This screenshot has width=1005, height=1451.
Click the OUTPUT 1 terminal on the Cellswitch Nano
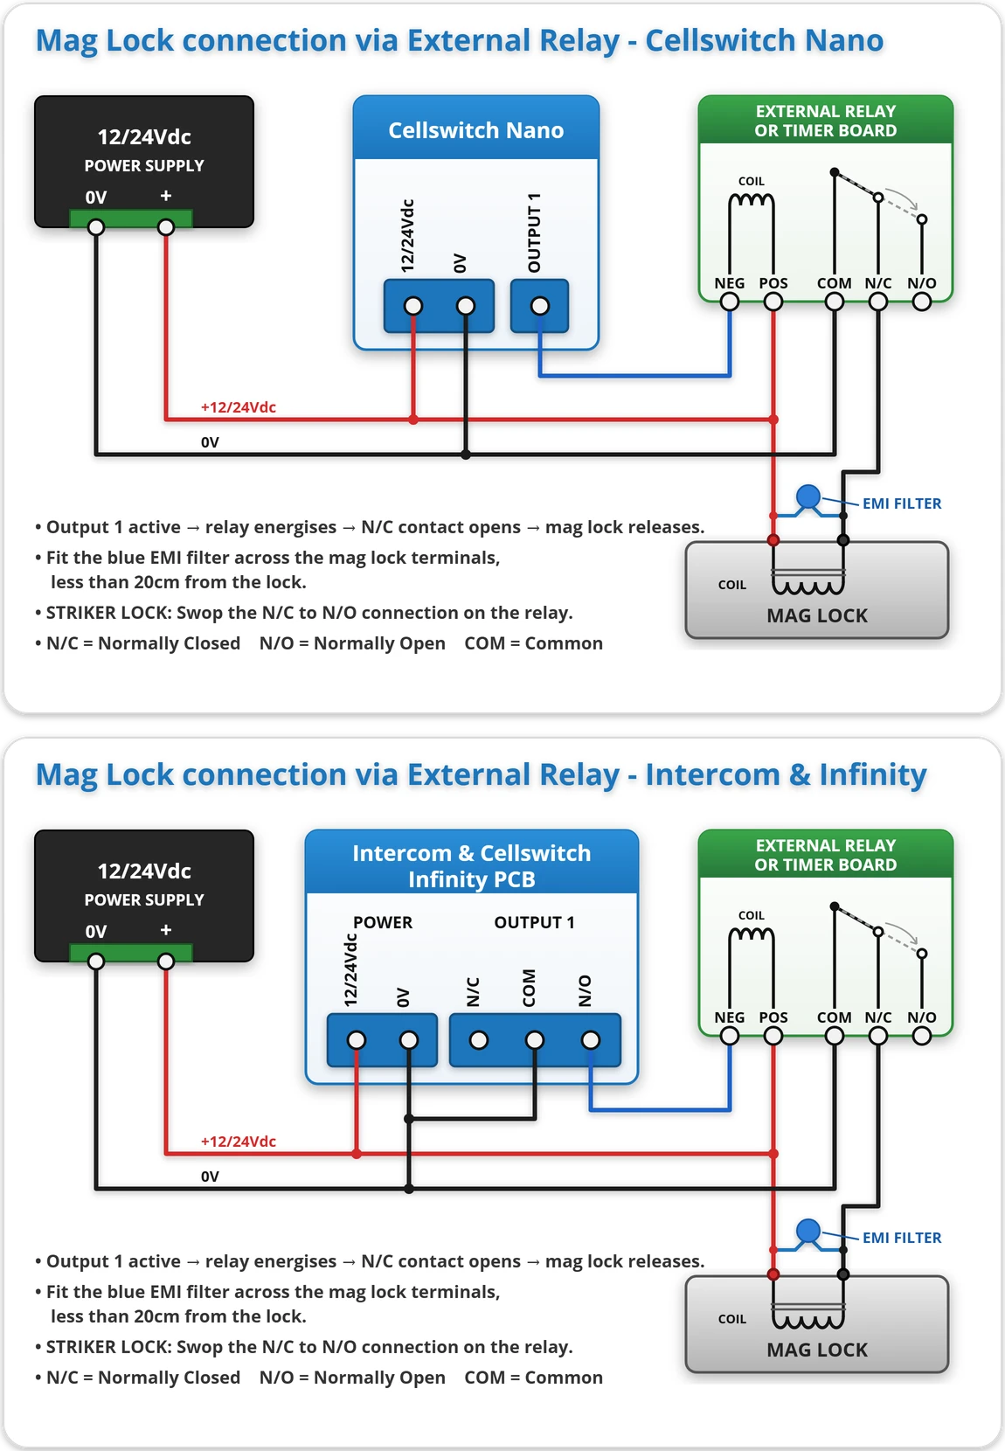pos(539,306)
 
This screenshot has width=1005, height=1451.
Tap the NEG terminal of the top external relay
pos(729,302)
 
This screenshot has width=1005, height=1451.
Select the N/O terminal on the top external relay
pos(921,302)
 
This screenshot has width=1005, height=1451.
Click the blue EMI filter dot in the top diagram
pos(807,496)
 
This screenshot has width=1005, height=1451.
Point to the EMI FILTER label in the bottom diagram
pos(901,1237)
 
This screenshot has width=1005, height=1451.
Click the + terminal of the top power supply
pos(166,227)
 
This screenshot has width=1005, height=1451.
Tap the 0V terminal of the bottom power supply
pos(96,962)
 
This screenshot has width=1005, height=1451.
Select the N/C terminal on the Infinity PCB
pos(479,1040)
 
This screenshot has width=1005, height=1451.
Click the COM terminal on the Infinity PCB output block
pos(534,1040)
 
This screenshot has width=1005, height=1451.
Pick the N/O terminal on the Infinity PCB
pos(590,1040)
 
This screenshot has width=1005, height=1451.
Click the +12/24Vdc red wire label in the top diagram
pos(239,406)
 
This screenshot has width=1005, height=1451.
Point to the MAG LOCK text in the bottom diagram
pos(816,1350)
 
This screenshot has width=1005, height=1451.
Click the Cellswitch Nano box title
pos(476,130)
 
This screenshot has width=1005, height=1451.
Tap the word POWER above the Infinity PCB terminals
pos(383,922)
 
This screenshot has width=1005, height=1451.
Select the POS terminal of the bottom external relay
pos(773,1036)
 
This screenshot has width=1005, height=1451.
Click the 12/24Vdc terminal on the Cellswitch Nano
pos(413,306)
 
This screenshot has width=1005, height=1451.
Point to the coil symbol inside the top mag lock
pos(807,581)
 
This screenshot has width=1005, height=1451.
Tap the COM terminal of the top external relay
pos(834,302)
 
